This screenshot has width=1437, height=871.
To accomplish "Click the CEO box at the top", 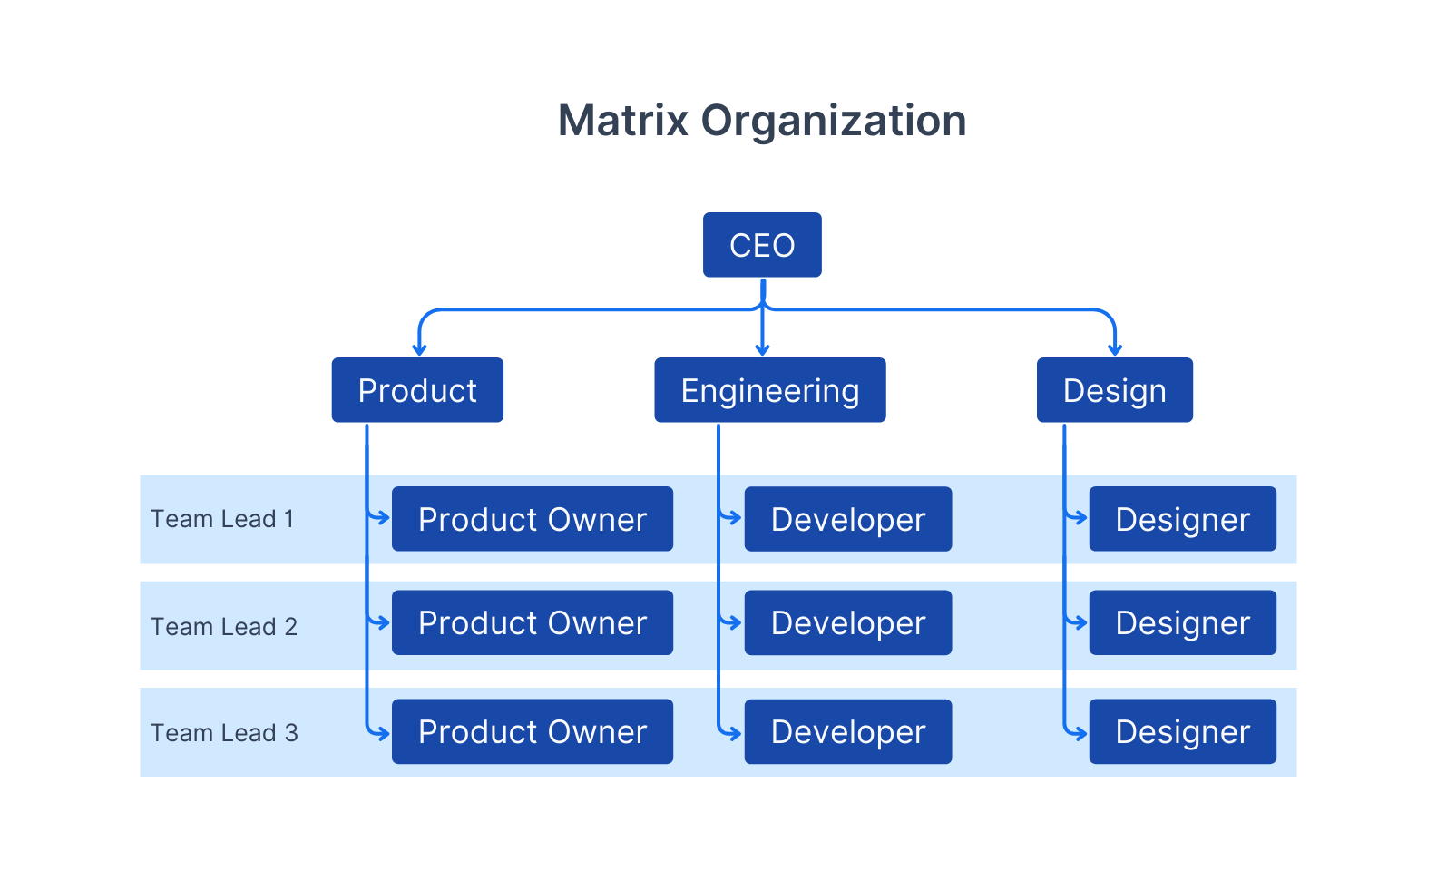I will click(762, 245).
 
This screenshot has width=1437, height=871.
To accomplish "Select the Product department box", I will click(417, 390).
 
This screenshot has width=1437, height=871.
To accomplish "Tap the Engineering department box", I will click(769, 390).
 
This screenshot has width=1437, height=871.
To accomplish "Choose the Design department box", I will click(1114, 390).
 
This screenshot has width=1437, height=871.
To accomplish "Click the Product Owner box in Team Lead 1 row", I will click(533, 519).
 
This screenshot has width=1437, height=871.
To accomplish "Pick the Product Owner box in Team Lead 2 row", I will click(533, 622).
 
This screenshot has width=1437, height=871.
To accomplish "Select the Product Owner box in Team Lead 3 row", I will click(533, 731).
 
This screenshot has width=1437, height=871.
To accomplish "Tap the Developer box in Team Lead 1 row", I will click(847, 519).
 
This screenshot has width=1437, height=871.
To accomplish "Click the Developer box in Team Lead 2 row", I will click(847, 622).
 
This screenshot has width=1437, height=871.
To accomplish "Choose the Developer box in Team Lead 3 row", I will click(847, 731).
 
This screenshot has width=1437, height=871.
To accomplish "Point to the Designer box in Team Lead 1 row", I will click(1182, 519).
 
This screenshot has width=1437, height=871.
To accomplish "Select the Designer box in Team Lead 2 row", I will click(1182, 622).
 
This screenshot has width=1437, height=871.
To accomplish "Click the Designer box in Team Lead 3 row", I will click(1182, 731).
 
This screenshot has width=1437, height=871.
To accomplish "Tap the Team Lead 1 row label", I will click(222, 519).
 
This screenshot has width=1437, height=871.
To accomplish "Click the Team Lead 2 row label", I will click(224, 626).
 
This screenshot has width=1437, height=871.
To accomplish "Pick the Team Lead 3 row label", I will click(224, 732).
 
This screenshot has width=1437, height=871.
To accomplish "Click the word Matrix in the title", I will click(622, 121).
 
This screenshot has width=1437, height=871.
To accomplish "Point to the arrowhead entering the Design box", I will click(1115, 349).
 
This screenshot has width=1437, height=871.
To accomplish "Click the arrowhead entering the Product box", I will click(419, 349).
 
